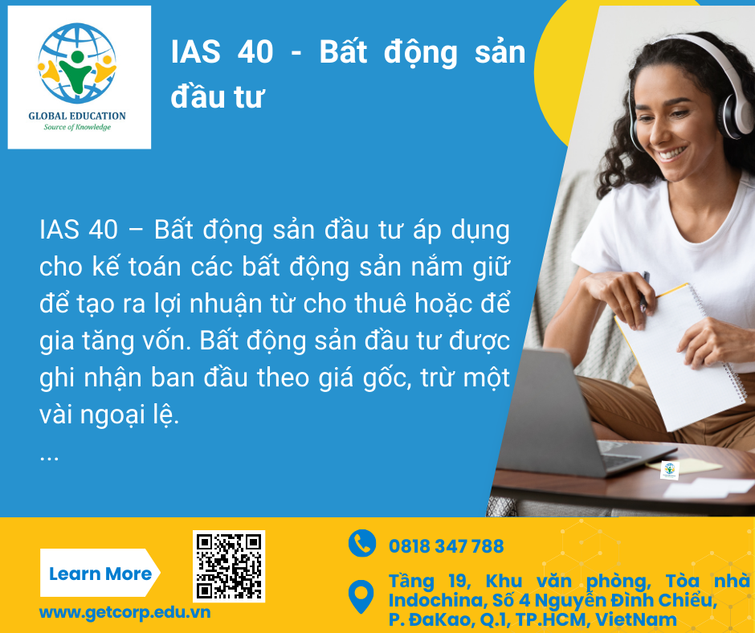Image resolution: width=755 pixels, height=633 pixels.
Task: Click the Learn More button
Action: (x=100, y=573)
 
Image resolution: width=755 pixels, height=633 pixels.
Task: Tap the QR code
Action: (x=229, y=566)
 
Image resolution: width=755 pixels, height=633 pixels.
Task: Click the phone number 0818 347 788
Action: (x=446, y=546)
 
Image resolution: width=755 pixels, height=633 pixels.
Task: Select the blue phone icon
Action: (x=362, y=543)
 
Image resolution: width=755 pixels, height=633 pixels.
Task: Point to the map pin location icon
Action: (x=361, y=596)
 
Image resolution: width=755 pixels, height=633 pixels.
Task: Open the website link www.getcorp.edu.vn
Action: (x=124, y=612)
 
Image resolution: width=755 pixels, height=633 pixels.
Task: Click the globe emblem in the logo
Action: (x=77, y=63)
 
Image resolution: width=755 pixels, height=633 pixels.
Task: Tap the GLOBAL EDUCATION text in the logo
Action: (x=77, y=116)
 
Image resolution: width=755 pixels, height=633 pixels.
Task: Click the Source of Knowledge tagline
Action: (x=77, y=127)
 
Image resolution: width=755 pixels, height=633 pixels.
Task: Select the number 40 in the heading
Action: (x=255, y=51)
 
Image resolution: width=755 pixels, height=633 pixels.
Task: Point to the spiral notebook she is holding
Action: (x=679, y=357)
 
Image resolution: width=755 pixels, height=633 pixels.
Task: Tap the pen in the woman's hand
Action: (x=644, y=292)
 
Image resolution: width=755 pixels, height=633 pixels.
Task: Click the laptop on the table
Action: (x=573, y=415)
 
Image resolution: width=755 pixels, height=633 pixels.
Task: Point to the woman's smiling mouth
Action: (x=672, y=153)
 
